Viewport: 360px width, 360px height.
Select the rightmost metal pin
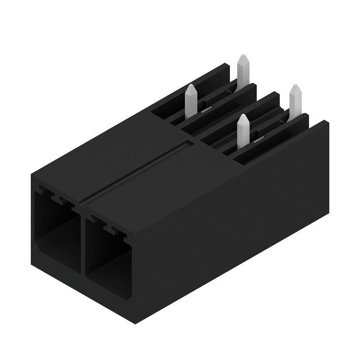[295, 101]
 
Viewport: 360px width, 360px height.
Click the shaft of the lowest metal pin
[243, 133]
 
